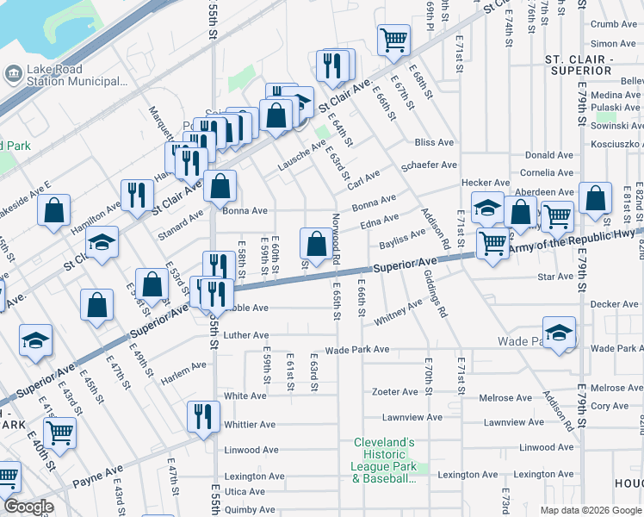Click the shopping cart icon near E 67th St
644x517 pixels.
point(393,39)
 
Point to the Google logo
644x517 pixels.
point(28,507)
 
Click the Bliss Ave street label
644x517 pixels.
point(434,142)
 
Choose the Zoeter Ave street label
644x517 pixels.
point(394,392)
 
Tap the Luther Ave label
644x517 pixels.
point(245,335)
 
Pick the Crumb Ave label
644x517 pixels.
point(613,25)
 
